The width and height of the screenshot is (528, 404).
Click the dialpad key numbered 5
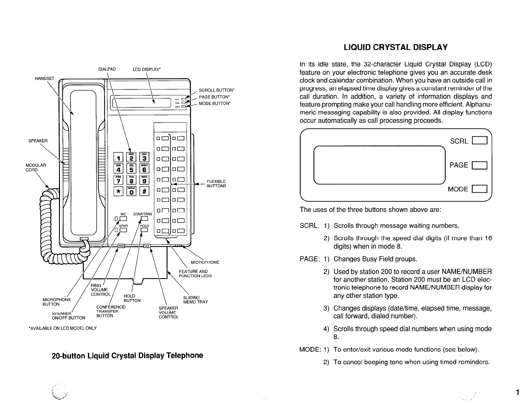[x=132, y=169]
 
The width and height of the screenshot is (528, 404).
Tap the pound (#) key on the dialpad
[x=144, y=191]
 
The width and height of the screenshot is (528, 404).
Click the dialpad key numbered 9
[x=144, y=180]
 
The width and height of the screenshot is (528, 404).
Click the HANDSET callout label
[x=45, y=79]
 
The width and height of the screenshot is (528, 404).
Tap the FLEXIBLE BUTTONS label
[x=216, y=184]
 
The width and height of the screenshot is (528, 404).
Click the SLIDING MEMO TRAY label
[x=195, y=300]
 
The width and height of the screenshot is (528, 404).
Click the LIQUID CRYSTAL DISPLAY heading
[x=395, y=47]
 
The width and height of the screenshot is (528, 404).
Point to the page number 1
[x=517, y=392]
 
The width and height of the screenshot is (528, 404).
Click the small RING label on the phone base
[x=121, y=246]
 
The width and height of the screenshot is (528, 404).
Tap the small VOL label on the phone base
[x=147, y=246]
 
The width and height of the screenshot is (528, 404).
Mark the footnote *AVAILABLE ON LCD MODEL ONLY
[x=63, y=328]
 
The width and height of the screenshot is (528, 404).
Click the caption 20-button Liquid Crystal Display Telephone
[x=127, y=355]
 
